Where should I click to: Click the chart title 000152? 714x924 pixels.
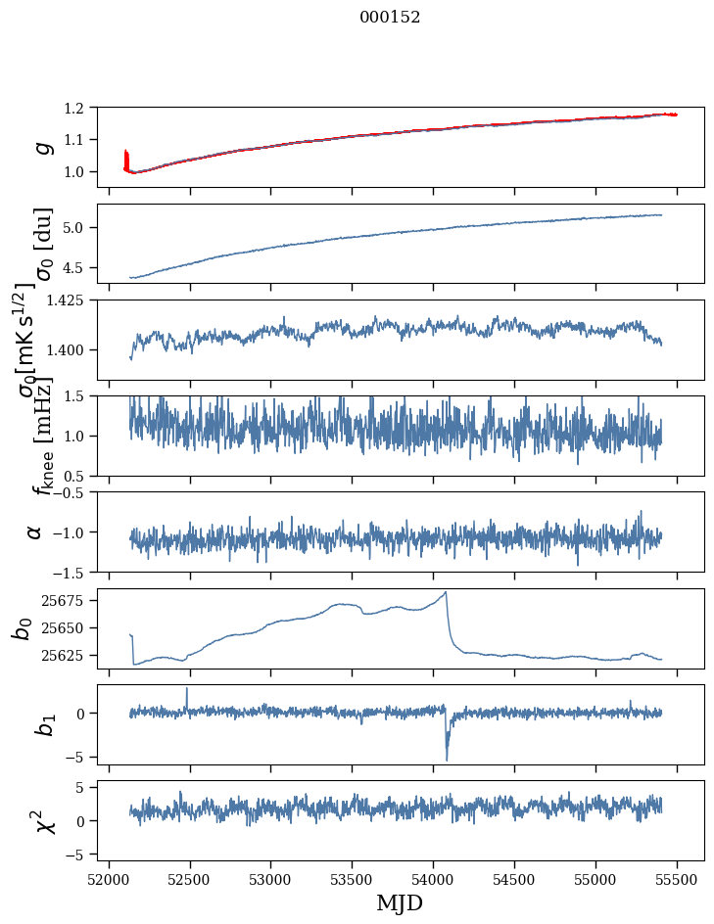tap(390, 18)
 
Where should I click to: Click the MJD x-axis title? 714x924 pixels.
tap(400, 902)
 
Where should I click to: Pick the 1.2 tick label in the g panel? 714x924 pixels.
tap(83, 107)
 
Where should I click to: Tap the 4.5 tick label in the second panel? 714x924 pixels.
tap(83, 267)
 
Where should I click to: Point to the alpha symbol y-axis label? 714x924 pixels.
tap(36, 531)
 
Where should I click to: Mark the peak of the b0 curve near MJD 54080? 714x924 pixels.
tap(446, 592)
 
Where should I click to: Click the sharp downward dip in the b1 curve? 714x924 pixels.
tap(447, 759)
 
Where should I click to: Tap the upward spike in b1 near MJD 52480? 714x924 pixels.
tap(187, 688)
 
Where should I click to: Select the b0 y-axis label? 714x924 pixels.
tap(22, 627)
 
